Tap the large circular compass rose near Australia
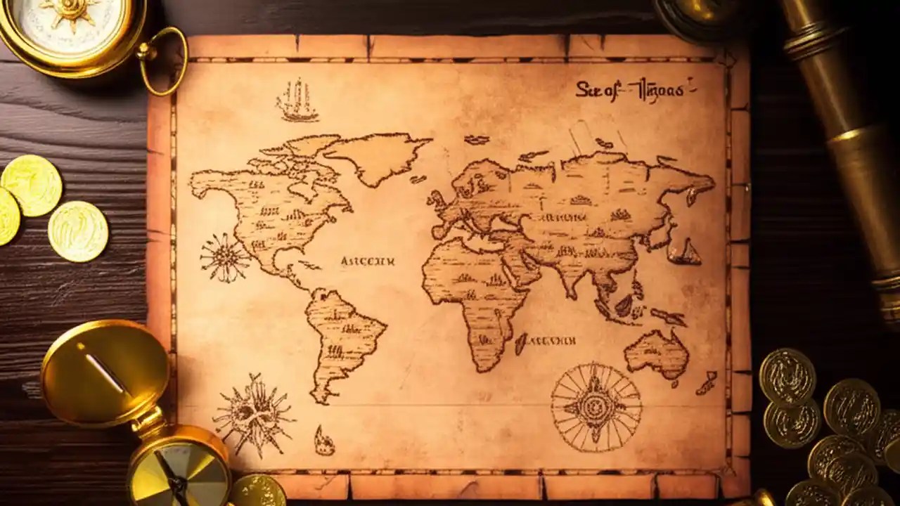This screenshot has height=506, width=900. [596, 407]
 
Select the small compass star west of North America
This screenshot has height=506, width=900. [224, 258]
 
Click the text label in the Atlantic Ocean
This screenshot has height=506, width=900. [367, 261]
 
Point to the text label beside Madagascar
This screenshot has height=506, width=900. [551, 342]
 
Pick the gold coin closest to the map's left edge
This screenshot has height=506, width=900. [78, 231]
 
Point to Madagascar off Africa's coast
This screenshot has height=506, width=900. [521, 344]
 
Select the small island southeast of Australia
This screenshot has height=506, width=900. [706, 384]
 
